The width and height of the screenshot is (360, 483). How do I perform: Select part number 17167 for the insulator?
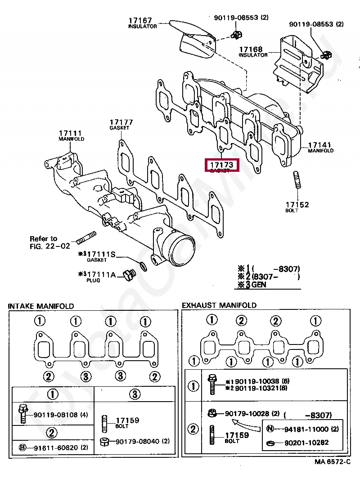point(140,21)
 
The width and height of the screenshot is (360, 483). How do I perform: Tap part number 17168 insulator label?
point(251,49)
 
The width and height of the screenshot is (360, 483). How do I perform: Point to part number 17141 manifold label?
point(319,145)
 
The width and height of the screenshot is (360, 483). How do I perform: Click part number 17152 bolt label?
point(297,205)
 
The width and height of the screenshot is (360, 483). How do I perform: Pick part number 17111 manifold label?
point(70,133)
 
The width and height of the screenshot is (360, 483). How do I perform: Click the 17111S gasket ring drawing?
point(142,266)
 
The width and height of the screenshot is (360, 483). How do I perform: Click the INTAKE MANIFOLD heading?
point(41,306)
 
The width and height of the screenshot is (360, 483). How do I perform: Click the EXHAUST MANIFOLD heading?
point(219,305)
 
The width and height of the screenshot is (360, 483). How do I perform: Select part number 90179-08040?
point(135,441)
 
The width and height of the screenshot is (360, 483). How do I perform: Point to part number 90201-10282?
point(306,443)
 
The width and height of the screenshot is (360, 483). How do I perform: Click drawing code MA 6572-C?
point(332,462)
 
